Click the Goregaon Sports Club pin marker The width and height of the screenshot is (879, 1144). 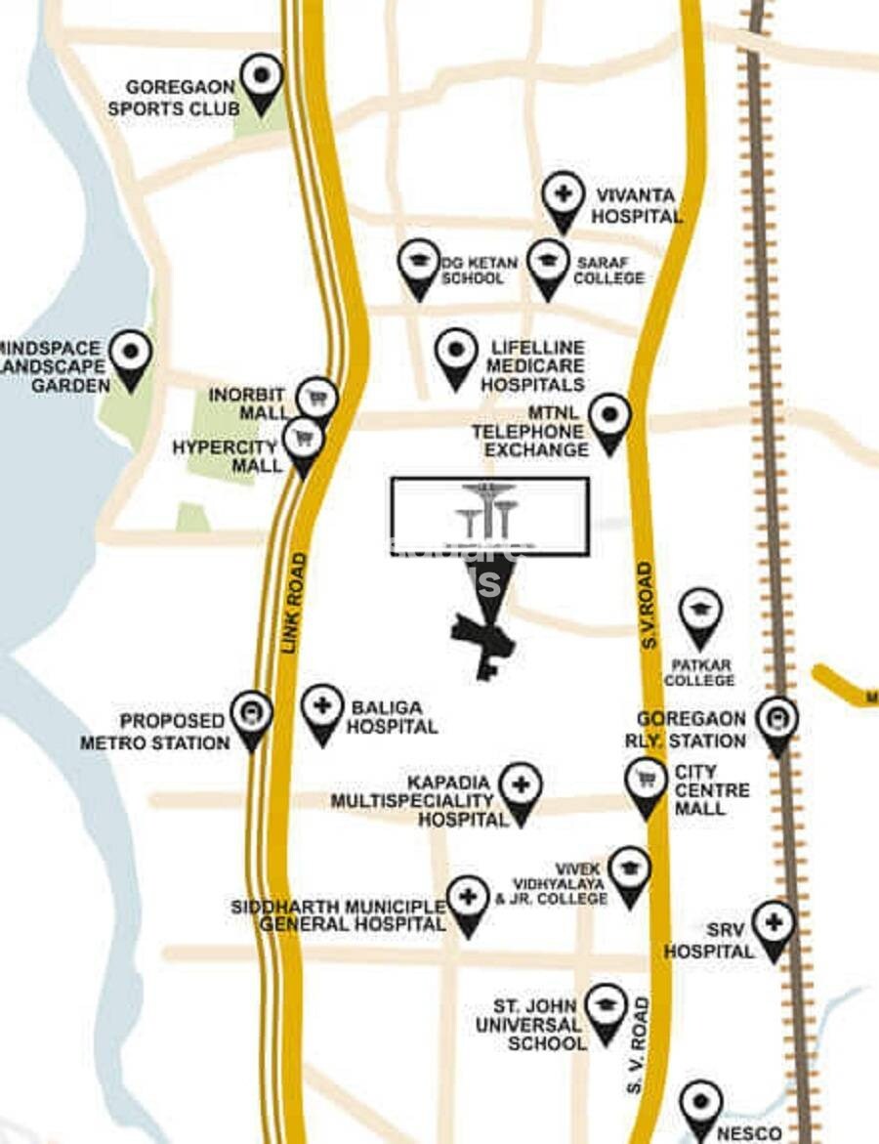[261, 78]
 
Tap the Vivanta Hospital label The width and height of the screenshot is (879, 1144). [635, 205]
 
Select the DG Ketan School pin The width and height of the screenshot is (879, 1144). [419, 264]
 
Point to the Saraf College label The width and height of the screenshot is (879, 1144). [608, 271]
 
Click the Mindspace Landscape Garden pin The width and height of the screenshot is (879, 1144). [130, 355]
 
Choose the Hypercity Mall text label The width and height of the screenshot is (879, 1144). [228, 455]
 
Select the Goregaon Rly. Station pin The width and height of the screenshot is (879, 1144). [777, 722]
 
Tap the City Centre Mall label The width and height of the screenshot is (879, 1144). [712, 789]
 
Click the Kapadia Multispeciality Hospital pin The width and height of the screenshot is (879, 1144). [520, 788]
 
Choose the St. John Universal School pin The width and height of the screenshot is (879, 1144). [607, 1008]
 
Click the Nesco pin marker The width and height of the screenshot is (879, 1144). [700, 1105]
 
